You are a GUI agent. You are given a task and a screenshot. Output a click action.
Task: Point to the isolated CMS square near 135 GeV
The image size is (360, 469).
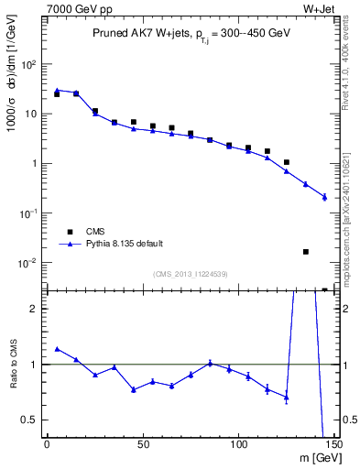pos(306,251)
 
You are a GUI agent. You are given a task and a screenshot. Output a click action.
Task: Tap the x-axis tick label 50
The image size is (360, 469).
pos(142,444)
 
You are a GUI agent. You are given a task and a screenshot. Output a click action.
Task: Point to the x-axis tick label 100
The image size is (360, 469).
pos(238,444)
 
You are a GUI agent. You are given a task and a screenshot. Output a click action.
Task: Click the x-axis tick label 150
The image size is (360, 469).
pos(333,444)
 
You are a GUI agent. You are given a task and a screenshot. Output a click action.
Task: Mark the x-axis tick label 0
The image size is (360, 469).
pos(47,444)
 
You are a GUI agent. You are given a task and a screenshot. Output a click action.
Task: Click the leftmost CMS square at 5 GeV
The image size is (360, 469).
pos(57,94)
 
